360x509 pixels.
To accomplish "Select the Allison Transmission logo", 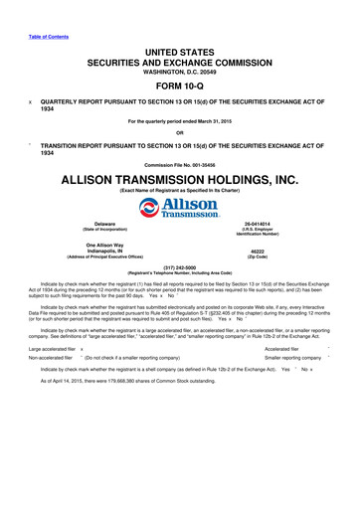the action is (x=180, y=207).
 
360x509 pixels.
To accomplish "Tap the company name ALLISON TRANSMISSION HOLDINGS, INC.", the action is (x=180, y=180).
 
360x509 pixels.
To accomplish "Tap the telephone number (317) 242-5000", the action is (x=180, y=265).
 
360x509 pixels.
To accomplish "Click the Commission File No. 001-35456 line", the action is (x=180, y=164).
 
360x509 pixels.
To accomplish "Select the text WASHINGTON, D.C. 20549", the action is (x=180, y=71).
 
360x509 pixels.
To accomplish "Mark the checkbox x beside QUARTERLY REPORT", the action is (x=30, y=102).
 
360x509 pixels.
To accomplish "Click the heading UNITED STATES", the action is (x=180, y=49).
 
